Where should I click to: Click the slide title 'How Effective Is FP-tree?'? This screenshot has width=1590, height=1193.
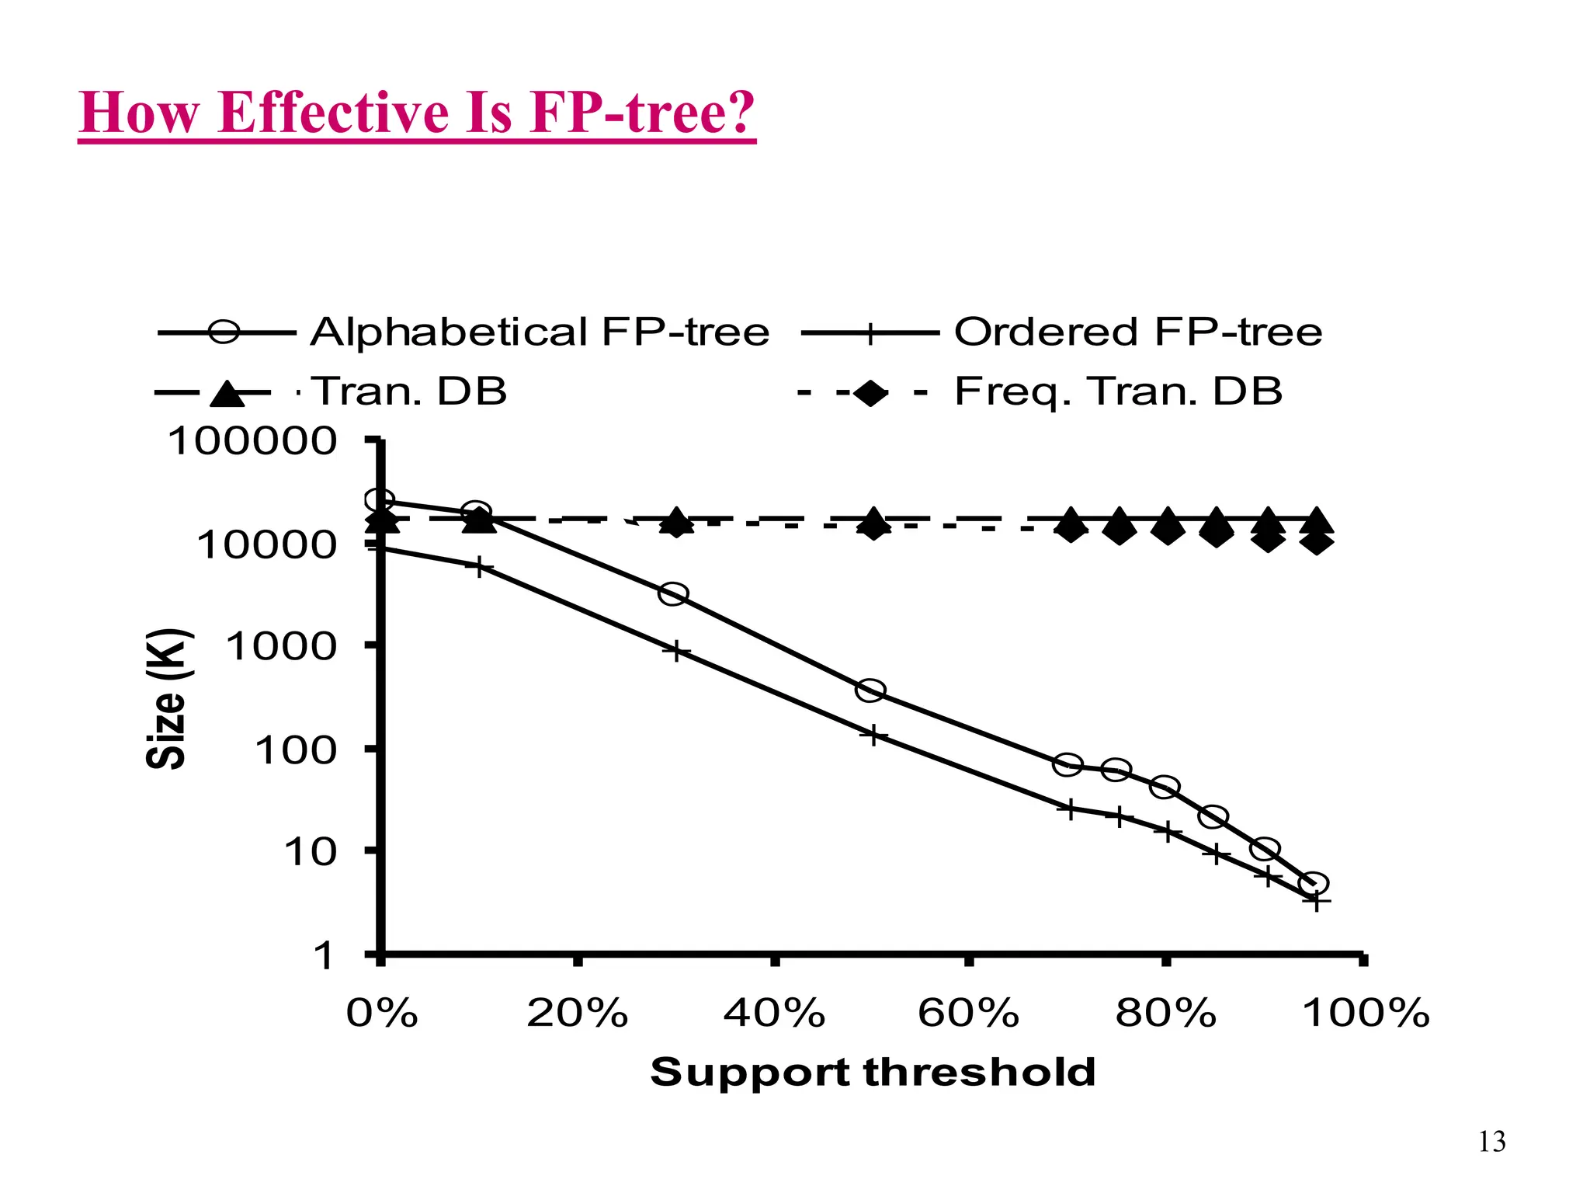pyautogui.click(x=417, y=113)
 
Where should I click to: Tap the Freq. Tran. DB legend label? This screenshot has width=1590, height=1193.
pyautogui.click(x=1118, y=391)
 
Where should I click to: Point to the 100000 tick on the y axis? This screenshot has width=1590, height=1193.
pyautogui.click(x=252, y=441)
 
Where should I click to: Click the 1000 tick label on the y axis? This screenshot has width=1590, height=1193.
pyautogui.click(x=281, y=646)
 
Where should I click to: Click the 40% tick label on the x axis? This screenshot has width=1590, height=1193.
pyautogui.click(x=774, y=1014)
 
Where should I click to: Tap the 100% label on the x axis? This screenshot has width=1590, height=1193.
pyautogui.click(x=1366, y=1014)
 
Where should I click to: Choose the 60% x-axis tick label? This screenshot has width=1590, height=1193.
pyautogui.click(x=968, y=1014)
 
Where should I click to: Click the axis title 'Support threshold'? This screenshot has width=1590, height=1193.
pyautogui.click(x=873, y=1073)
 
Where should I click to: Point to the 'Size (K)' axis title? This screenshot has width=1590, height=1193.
pyautogui.click(x=166, y=698)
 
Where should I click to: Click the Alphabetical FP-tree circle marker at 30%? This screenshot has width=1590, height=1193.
pyautogui.click(x=673, y=594)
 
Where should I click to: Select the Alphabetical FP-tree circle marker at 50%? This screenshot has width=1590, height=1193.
pyautogui.click(x=870, y=690)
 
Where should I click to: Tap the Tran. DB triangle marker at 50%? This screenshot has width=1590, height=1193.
pyautogui.click(x=873, y=518)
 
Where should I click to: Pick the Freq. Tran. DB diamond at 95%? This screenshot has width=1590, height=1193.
pyautogui.click(x=1317, y=541)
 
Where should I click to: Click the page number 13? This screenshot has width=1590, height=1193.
pyautogui.click(x=1491, y=1142)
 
